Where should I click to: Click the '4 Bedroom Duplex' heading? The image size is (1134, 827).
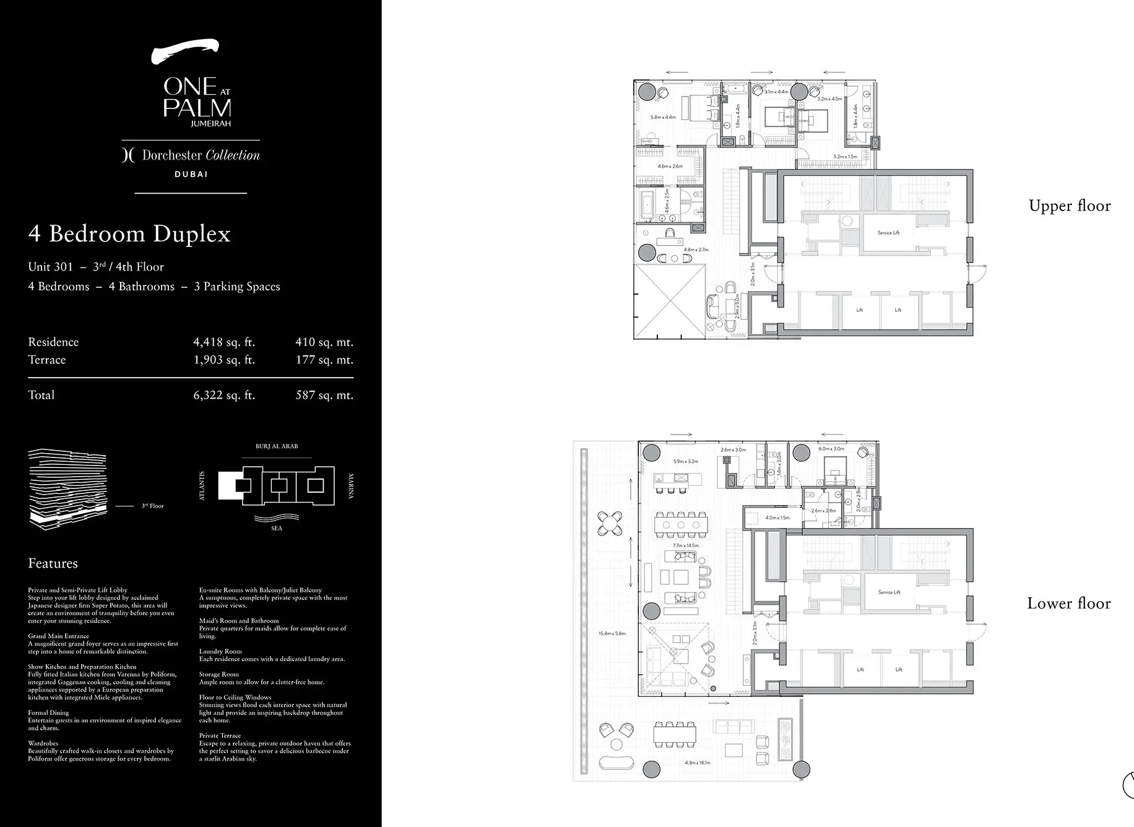pyautogui.click(x=129, y=234)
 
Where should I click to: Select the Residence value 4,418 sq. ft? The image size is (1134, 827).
pyautogui.click(x=224, y=342)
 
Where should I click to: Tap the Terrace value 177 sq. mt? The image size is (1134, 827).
pyautogui.click(x=324, y=360)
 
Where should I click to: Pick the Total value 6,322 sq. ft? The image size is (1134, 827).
pyautogui.click(x=224, y=395)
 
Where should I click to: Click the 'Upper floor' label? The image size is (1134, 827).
pyautogui.click(x=1069, y=206)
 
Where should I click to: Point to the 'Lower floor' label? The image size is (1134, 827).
pyautogui.click(x=1068, y=603)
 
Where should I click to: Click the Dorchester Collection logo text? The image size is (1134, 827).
pyautogui.click(x=191, y=155)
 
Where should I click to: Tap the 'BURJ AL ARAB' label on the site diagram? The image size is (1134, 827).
pyautogui.click(x=276, y=446)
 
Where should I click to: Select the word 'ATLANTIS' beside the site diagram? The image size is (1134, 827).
pyautogui.click(x=201, y=486)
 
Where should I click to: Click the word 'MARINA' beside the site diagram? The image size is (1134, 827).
pyautogui.click(x=351, y=486)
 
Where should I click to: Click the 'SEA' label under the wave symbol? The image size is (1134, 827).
pyautogui.click(x=276, y=528)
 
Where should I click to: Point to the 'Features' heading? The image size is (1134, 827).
pyautogui.click(x=53, y=563)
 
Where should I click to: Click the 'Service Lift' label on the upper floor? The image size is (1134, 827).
pyautogui.click(x=888, y=233)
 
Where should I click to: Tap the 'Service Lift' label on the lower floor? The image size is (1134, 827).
pyautogui.click(x=889, y=592)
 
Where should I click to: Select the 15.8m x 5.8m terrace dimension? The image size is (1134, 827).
pyautogui.click(x=612, y=634)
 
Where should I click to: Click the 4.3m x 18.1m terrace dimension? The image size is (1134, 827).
pyautogui.click(x=697, y=763)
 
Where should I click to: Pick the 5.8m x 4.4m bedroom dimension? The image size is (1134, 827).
pyautogui.click(x=662, y=117)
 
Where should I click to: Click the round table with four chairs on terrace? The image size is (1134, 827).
pyautogui.click(x=610, y=524)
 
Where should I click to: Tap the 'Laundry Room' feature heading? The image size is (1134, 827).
pyautogui.click(x=220, y=651)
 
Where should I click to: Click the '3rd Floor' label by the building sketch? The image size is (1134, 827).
pyautogui.click(x=152, y=506)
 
